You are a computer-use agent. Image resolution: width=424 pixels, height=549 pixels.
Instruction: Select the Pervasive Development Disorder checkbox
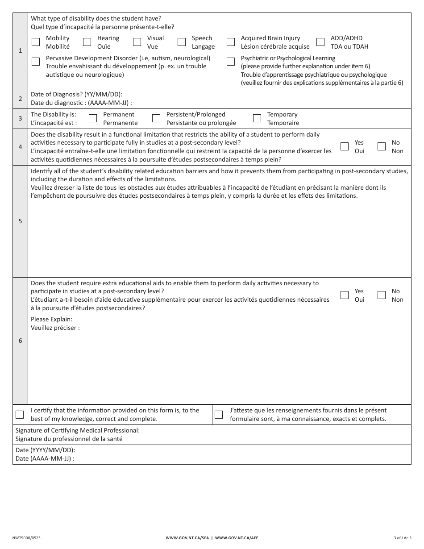(x=36, y=62)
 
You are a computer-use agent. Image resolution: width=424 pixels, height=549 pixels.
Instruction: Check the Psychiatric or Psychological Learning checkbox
(x=231, y=62)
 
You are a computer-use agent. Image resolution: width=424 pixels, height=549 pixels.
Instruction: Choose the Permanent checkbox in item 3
(x=93, y=119)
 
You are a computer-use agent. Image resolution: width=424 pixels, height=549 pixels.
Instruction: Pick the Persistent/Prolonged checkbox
(x=156, y=119)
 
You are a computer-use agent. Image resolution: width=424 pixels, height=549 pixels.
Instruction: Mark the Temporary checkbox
(x=257, y=119)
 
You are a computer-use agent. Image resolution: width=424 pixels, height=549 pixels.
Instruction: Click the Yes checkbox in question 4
(x=345, y=146)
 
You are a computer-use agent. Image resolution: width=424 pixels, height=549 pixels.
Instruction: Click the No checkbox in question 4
(x=382, y=146)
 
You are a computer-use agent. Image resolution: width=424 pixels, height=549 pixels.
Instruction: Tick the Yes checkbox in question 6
(x=345, y=295)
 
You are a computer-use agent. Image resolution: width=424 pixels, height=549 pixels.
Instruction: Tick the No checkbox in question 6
(x=382, y=295)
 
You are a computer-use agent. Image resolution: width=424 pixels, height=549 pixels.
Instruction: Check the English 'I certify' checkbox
(x=20, y=415)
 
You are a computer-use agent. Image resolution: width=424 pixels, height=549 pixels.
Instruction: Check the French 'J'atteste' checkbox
(x=219, y=415)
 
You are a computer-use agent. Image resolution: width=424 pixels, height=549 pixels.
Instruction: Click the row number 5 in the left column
(x=20, y=221)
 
